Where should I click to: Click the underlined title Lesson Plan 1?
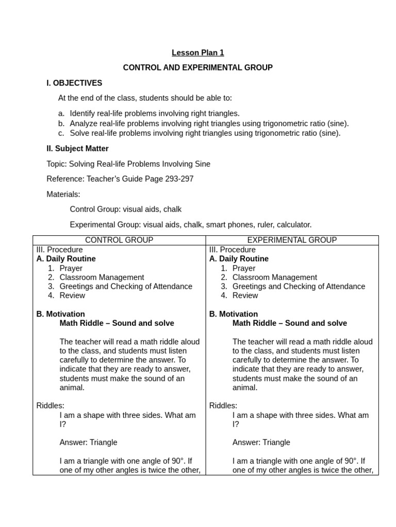(x=197, y=52)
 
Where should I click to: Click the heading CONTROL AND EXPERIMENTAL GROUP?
(x=197, y=67)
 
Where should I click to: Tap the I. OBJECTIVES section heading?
(x=74, y=83)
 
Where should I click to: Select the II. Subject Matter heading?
(x=77, y=149)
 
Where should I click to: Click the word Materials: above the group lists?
(x=63, y=194)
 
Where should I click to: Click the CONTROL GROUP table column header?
(x=119, y=240)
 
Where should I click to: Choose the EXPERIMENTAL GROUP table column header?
(x=292, y=240)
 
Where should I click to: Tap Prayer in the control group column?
(x=71, y=268)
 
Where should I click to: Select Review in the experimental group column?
(x=245, y=295)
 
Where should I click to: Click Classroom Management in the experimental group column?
(x=274, y=277)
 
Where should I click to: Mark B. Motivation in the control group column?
(x=61, y=314)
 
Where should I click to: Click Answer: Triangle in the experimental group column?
(x=261, y=442)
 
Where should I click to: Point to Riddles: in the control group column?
(x=51, y=406)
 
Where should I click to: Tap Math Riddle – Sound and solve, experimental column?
(x=289, y=323)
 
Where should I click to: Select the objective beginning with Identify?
(x=155, y=113)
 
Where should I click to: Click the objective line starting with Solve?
(x=205, y=133)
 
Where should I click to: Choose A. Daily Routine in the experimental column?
(x=239, y=259)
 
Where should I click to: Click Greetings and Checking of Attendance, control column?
(x=126, y=286)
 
